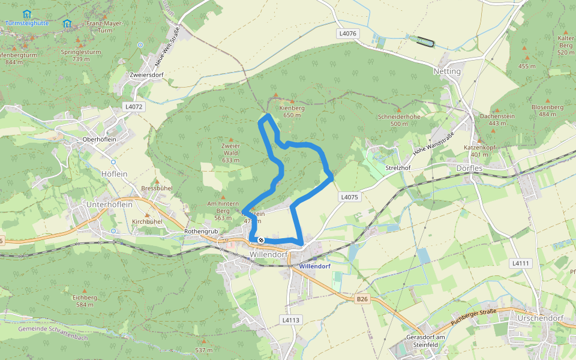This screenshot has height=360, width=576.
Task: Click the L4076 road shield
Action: pos(348,34)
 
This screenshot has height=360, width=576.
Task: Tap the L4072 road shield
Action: pos(133,106)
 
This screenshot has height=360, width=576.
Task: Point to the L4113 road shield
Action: pos(290,320)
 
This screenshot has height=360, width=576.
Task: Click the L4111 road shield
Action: pos(520,263)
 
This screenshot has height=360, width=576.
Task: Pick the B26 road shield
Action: pos(361,298)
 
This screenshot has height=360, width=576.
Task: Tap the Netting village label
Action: pos(447,71)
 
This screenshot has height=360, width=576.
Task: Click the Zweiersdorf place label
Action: pos(147,75)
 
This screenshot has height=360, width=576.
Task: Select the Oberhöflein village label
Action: pos(99,139)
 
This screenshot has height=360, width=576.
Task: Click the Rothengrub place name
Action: pos(201,231)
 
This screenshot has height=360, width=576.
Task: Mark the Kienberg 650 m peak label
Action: pos(292,112)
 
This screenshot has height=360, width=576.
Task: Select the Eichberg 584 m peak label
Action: pos(85,301)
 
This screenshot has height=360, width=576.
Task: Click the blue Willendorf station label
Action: pos(314,265)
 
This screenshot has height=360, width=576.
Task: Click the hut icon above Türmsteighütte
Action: pos(26,14)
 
